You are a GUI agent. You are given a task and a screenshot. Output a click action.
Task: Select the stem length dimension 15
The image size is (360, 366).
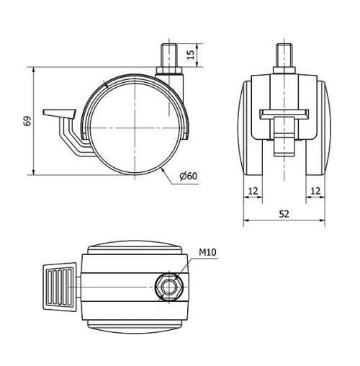point(191,55)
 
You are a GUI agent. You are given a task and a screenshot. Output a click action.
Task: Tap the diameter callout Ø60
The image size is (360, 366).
point(188,177)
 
